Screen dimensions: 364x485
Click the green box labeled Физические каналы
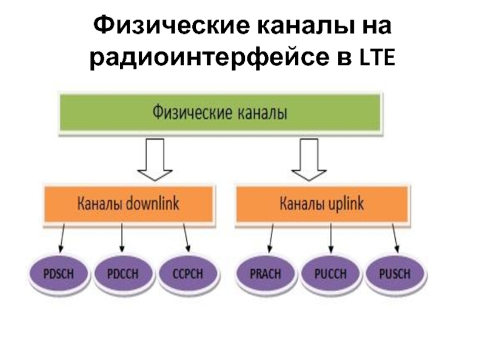[x=220, y=113]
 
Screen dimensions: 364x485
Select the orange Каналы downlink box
[x=128, y=204]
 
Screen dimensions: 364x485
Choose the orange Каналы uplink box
[x=321, y=204]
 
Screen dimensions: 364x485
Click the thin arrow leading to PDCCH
[x=122, y=238]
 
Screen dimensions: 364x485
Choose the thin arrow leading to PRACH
[x=269, y=238]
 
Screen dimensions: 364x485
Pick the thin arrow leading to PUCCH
[x=330, y=238]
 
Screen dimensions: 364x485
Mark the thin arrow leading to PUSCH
[x=394, y=238]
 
